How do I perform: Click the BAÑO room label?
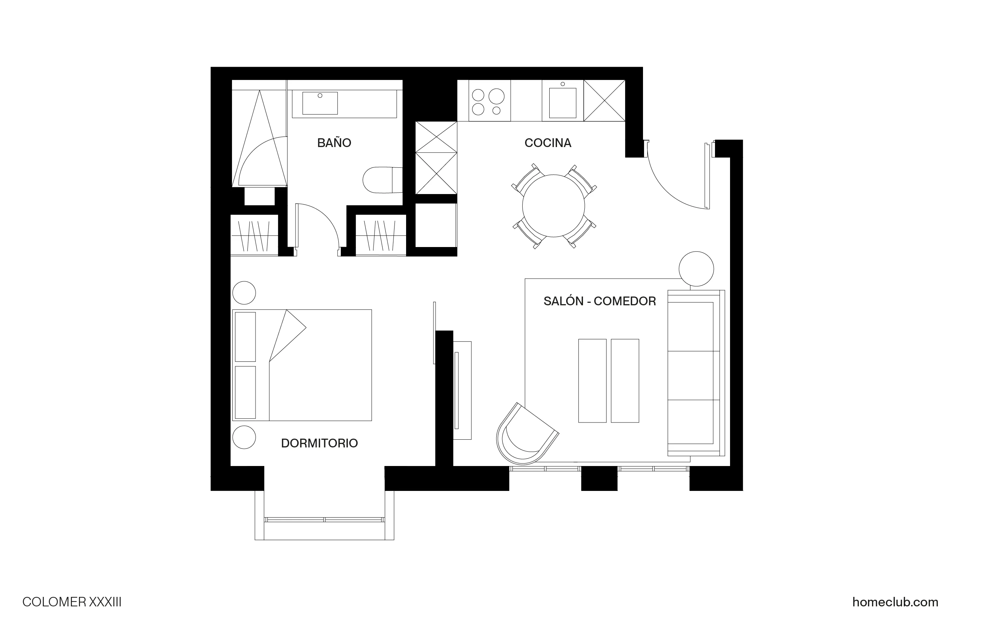334,143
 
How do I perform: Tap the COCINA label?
548,143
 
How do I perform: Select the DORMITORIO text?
319,443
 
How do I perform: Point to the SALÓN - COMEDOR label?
599,301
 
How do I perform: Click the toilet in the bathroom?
381,180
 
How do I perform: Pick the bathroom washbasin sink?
320,103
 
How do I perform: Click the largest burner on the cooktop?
496,96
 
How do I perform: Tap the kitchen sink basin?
562,103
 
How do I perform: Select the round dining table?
553,206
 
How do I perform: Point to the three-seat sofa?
694,373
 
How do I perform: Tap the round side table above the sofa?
696,269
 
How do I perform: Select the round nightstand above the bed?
244,293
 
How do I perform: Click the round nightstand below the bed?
244,437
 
